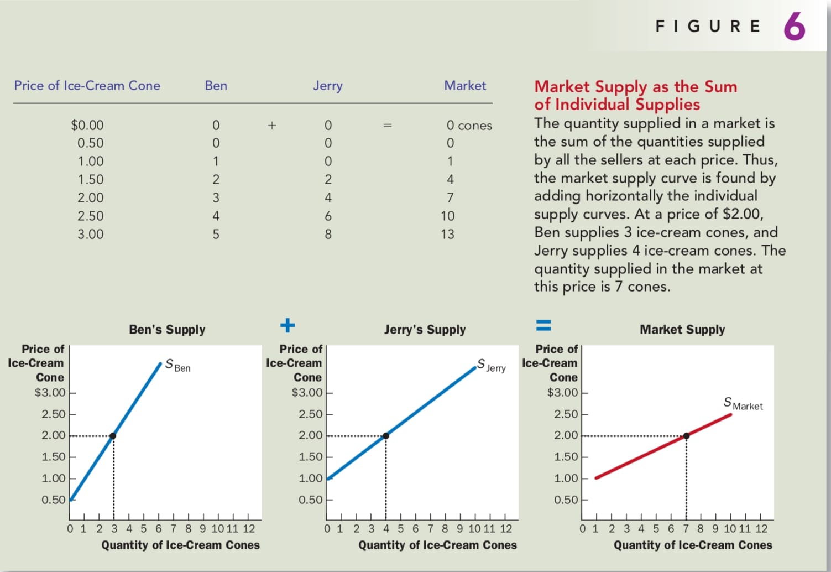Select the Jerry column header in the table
click(327, 86)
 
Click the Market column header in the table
click(465, 85)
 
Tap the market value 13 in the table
click(447, 234)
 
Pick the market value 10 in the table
click(447, 216)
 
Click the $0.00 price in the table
click(87, 125)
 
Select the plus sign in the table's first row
click(272, 126)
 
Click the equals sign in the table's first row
click(388, 126)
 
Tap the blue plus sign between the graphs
click(288, 325)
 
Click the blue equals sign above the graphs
click(543, 325)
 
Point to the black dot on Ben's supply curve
click(113, 436)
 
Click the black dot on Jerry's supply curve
click(386, 436)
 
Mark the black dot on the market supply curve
click(686, 436)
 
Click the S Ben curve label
click(177, 365)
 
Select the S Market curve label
click(743, 403)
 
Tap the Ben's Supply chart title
click(167, 330)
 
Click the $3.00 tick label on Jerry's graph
click(307, 392)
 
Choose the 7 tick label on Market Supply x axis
click(686, 528)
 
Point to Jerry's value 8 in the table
click(328, 234)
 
